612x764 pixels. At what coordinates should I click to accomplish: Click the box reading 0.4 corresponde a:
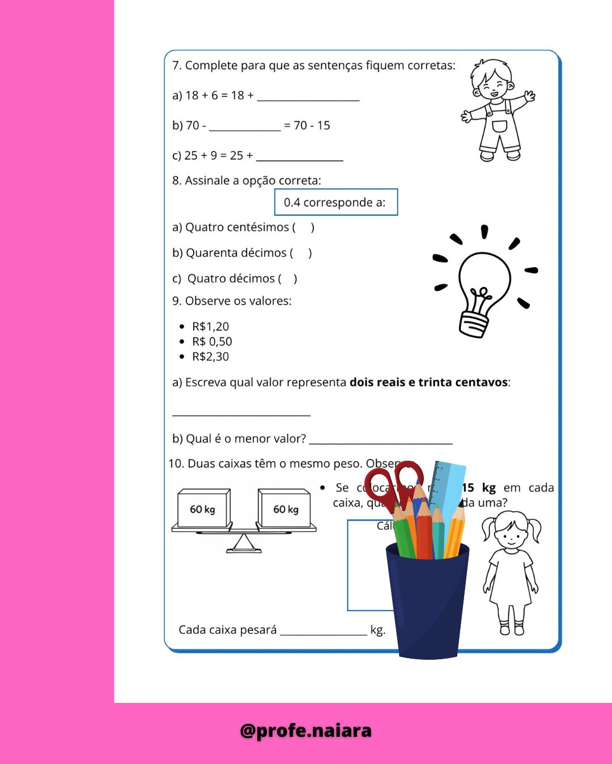(336, 202)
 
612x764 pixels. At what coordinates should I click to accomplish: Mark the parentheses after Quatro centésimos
(303, 228)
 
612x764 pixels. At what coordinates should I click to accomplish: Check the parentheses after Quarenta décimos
(301, 253)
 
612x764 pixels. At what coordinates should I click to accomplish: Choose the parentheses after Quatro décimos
(287, 278)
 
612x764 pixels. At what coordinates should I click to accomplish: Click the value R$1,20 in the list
(210, 327)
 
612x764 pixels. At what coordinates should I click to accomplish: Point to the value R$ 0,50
(212, 342)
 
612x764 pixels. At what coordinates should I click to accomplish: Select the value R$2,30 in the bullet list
(210, 357)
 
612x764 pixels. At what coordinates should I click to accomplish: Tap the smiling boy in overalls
(498, 110)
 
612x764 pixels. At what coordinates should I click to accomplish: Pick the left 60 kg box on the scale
(203, 509)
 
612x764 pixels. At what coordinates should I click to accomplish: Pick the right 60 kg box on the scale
(285, 509)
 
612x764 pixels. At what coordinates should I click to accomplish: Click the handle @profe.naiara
(306, 731)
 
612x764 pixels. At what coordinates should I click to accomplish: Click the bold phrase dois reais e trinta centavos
(428, 383)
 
